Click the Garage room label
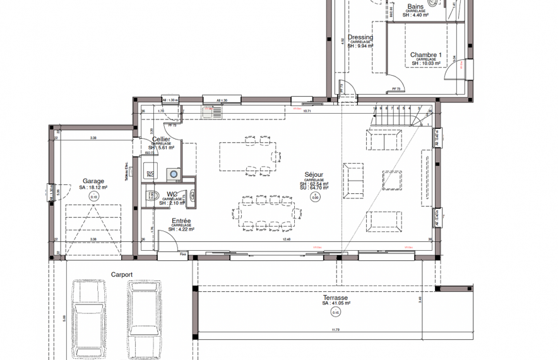(93, 181)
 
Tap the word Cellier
(162, 139)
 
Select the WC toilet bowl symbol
(151, 195)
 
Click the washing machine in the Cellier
(172, 173)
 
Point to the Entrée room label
(182, 221)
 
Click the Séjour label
(314, 175)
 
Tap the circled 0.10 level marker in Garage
(94, 197)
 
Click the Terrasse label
(335, 297)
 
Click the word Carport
(122, 275)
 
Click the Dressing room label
(360, 37)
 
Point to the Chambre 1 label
(425, 55)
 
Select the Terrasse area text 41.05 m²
(335, 303)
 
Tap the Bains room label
(415, 6)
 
